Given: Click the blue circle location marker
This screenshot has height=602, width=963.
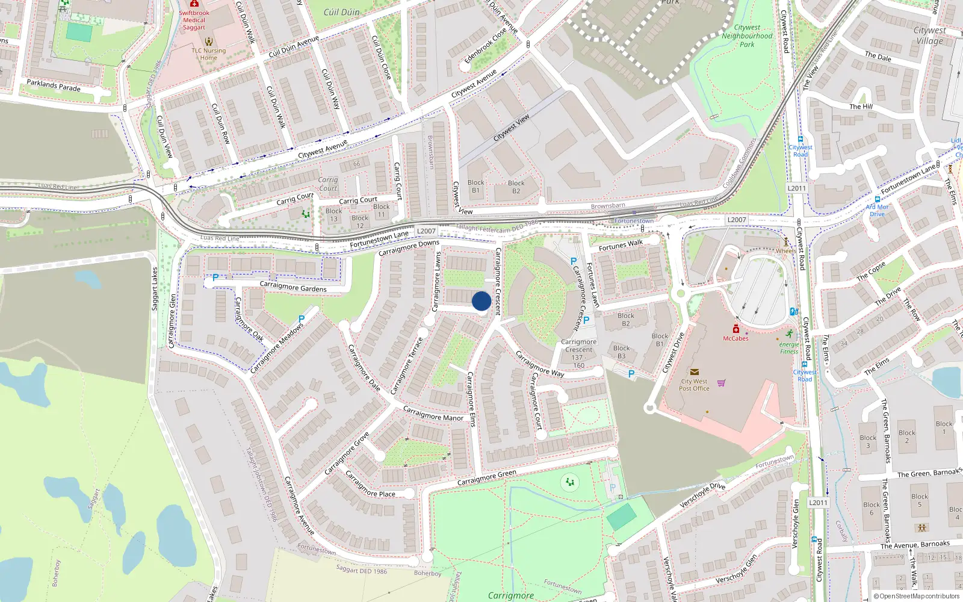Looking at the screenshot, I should pos(482,301).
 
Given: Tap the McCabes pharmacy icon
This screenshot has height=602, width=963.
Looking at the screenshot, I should pos(735,329).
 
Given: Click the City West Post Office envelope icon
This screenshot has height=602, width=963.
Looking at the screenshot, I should pos(694,372).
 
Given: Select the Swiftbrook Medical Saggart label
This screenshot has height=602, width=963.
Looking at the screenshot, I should pos(194,20).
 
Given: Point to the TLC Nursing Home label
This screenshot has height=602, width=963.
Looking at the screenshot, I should pos(209,54).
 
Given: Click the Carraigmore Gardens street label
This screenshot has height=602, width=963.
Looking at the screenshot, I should pos(293,287).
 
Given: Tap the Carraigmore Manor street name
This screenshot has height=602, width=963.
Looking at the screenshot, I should pos(433,414).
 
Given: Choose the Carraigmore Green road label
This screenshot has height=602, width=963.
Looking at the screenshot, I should pos(486,478).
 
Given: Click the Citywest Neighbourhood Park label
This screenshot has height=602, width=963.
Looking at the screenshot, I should pos(747,36).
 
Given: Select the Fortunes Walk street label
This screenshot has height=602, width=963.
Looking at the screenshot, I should pos(621,246).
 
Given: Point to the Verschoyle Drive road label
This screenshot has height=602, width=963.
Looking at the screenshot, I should pos(702,495).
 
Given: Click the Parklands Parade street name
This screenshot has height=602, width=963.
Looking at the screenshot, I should pos(54,85).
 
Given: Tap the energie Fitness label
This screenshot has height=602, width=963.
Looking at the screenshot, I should pos(789,348).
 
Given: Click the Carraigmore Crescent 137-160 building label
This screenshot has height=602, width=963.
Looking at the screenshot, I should pos(578,353).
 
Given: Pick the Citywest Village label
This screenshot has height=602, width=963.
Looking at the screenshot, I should pos(929,36).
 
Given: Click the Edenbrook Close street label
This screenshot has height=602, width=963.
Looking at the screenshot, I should pos(486,46).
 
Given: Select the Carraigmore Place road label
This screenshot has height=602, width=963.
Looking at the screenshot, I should pos(370,485).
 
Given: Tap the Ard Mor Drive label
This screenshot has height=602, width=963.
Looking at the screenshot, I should pos(877,210).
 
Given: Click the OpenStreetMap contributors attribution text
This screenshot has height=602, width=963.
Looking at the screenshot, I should pos(916,597).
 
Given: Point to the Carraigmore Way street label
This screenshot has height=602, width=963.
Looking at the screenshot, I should pos(540,365).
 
